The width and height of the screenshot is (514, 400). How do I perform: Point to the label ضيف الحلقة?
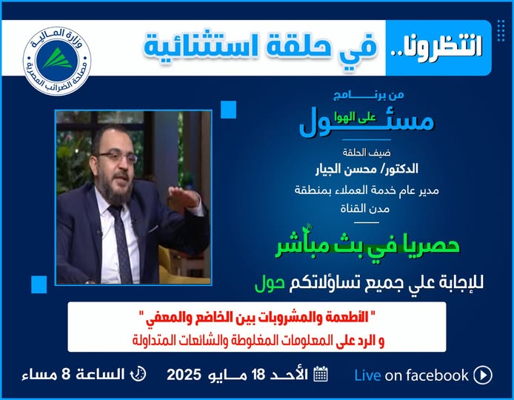pyautogui.click(x=367, y=153)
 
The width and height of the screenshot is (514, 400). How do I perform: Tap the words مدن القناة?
pyautogui.click(x=365, y=208)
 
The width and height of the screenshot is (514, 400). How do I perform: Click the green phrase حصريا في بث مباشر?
pyautogui.click(x=367, y=246)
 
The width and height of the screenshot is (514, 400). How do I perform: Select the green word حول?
pyautogui.click(x=270, y=283)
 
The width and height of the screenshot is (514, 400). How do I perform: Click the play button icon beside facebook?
pyautogui.click(x=483, y=375)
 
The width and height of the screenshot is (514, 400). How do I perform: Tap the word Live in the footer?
pyautogui.click(x=367, y=376)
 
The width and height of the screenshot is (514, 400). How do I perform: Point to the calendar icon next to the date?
pyautogui.click(x=321, y=374)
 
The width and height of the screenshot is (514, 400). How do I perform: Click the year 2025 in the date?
pyautogui.click(x=184, y=374)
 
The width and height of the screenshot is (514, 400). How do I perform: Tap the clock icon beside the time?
pyautogui.click(x=138, y=374)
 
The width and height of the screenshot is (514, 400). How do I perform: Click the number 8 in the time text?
pyautogui.click(x=66, y=374)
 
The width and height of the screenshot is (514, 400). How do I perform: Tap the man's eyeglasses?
pyautogui.click(x=117, y=157)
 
